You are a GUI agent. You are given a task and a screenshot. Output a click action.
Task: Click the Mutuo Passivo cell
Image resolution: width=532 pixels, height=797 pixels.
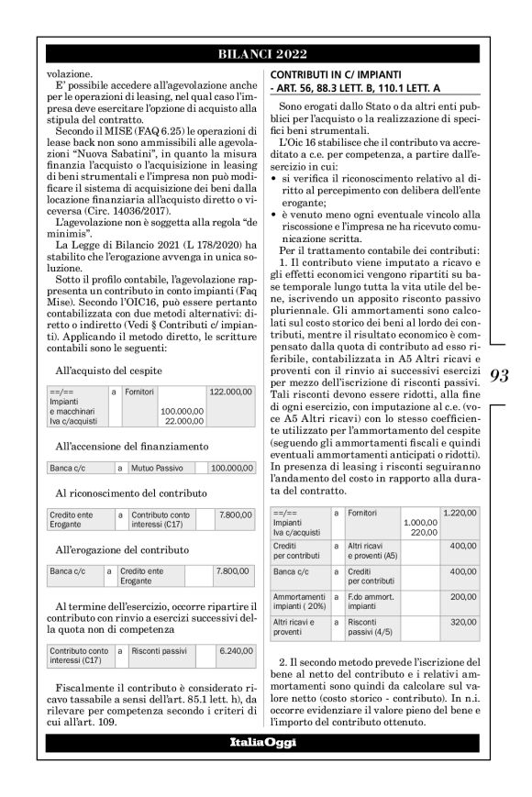pyautogui.click(x=158, y=468)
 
